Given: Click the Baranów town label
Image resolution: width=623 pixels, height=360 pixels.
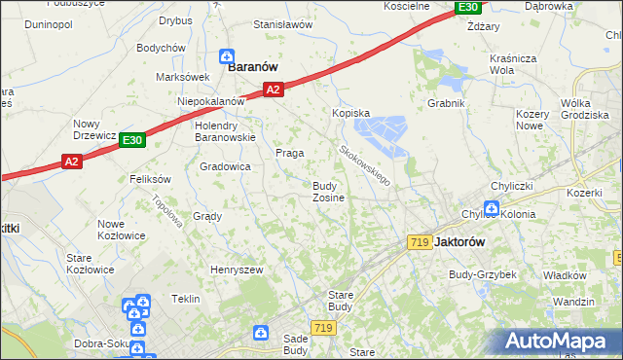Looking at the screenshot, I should click(x=253, y=67).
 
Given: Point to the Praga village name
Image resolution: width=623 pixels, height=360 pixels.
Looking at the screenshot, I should click(x=290, y=153).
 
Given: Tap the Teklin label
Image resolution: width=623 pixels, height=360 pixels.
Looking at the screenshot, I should click(x=185, y=299).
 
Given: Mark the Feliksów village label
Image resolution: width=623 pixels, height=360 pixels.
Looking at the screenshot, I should click(x=150, y=179).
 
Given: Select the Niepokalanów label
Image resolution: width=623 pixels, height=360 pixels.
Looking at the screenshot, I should click(x=209, y=101).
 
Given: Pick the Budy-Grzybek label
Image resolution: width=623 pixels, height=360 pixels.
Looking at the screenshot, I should click(x=482, y=274).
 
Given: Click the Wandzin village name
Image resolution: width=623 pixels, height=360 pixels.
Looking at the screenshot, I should click(x=572, y=302).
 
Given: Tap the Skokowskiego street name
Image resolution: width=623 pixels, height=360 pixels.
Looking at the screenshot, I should click(x=365, y=166).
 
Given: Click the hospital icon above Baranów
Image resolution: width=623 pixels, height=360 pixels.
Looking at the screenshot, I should click(x=227, y=55).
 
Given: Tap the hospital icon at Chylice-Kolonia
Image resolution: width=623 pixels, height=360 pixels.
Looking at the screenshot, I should click(x=492, y=207).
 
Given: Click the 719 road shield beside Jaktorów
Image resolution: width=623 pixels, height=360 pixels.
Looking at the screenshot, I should click(x=421, y=241).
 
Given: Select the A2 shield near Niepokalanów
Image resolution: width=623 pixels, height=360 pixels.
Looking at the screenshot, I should click(x=274, y=90).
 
